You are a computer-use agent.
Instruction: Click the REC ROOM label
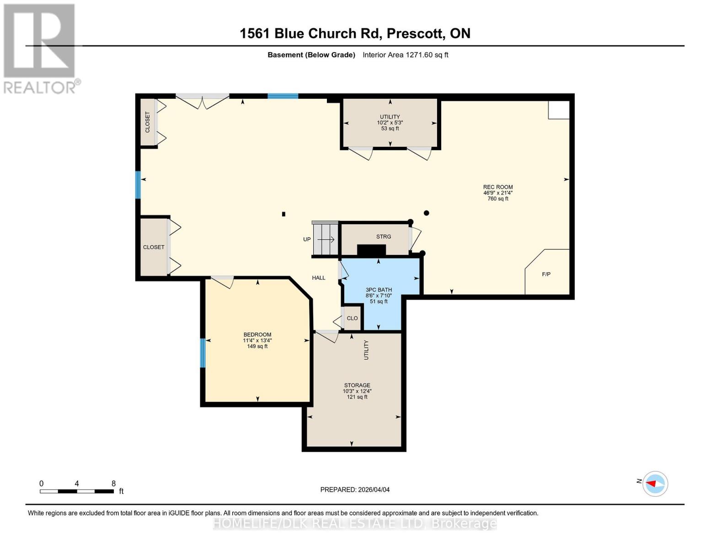[497, 187]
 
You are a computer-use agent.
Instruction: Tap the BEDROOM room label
[257, 334]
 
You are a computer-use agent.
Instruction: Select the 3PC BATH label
[379, 290]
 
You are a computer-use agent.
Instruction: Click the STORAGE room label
[357, 385]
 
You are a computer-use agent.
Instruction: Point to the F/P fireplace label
[546, 274]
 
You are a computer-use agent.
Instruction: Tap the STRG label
[383, 237]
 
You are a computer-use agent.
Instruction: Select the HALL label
[319, 278]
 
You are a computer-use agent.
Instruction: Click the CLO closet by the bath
[352, 318]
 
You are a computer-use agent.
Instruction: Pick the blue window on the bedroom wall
[203, 353]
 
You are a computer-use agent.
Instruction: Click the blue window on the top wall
[283, 96]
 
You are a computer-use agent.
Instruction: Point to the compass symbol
[655, 484]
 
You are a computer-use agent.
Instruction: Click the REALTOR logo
[40, 48]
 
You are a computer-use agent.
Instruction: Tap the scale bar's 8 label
[113, 483]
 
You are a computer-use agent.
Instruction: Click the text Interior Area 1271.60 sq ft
[405, 55]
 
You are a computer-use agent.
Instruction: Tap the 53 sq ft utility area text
[390, 129]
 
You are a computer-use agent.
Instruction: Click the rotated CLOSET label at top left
[147, 122]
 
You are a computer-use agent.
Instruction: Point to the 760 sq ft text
[497, 199]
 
